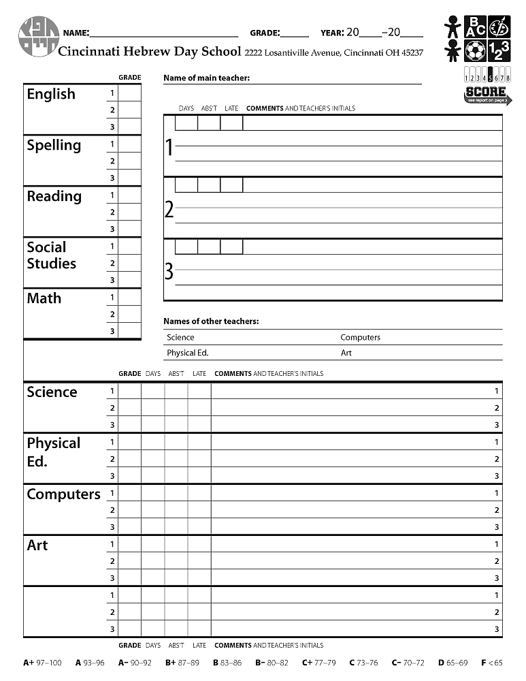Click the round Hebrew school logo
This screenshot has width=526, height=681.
point(38,37)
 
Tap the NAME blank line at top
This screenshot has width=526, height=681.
point(163,33)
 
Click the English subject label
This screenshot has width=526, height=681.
point(51,94)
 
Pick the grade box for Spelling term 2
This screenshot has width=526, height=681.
point(130,161)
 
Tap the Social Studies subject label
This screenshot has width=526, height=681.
point(52,255)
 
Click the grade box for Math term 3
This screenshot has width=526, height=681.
point(130,331)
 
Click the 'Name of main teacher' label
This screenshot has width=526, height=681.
point(206,78)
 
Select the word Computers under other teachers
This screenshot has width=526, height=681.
point(360,337)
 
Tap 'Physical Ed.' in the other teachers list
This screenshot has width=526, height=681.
point(187,353)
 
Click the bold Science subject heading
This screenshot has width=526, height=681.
point(52,392)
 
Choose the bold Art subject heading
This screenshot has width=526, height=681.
point(37,545)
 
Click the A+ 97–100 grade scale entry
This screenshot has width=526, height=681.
point(42,662)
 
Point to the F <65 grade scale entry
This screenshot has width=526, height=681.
point(491,662)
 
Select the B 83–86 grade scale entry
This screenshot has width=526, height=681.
point(227,662)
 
